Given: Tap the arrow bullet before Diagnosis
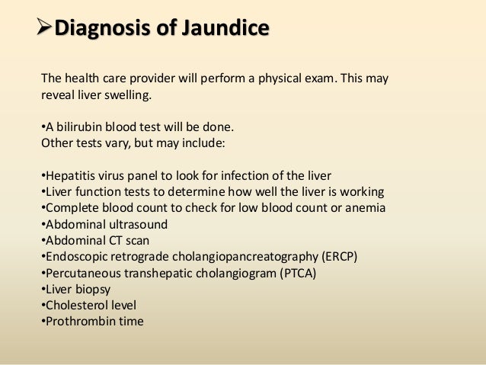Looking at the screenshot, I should pos(47,30).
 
